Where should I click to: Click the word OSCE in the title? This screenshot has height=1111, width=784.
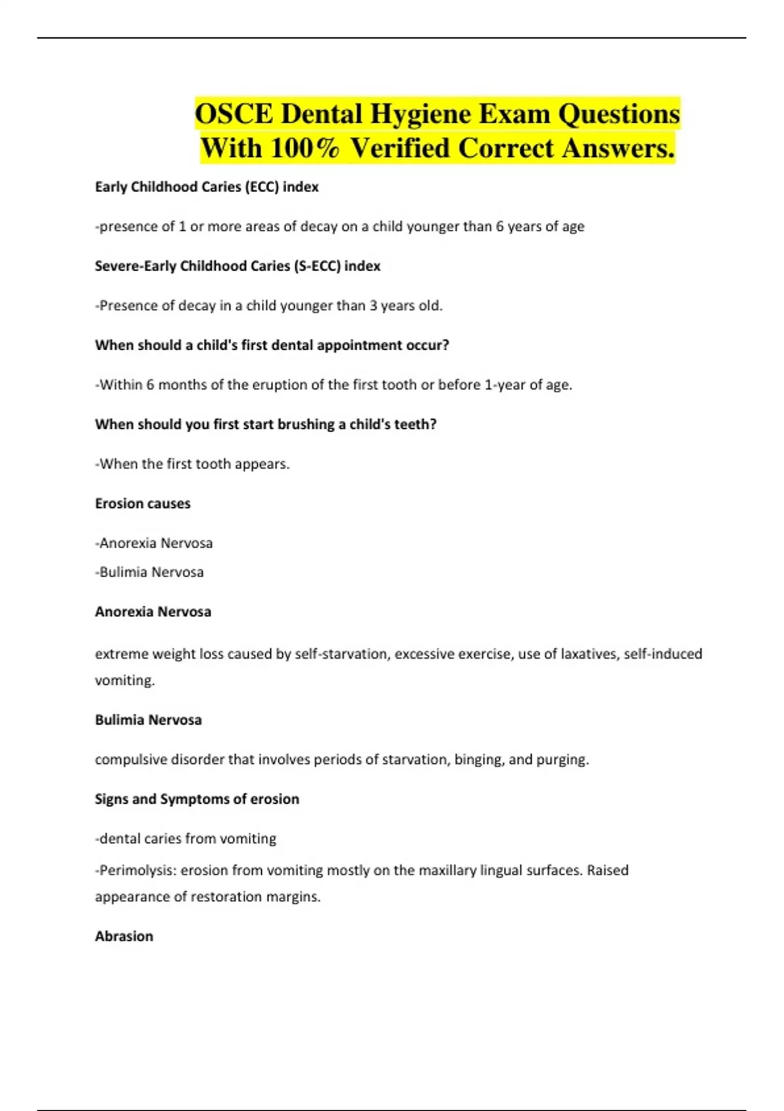coord(234,114)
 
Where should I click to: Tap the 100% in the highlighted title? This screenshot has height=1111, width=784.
coord(304,148)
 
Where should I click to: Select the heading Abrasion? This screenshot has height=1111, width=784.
coord(124,936)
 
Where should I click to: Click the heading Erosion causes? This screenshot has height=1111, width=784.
coord(142,503)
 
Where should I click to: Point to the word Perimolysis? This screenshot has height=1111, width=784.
coord(137,871)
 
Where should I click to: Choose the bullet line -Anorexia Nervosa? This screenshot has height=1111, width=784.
coord(154,543)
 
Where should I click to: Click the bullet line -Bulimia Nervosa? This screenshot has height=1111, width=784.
coord(150,572)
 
